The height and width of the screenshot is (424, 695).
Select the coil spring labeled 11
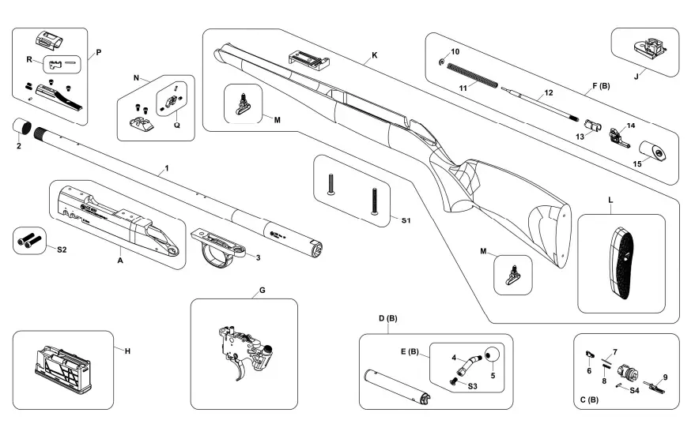click(x=471, y=73)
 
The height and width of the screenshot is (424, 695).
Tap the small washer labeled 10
click(x=440, y=61)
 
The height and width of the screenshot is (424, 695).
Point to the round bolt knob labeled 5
click(x=492, y=355)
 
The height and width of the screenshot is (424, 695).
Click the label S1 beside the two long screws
click(x=406, y=220)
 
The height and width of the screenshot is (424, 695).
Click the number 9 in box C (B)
click(x=665, y=377)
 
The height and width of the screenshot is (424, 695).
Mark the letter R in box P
click(x=29, y=59)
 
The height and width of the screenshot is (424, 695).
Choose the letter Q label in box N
click(x=177, y=125)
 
